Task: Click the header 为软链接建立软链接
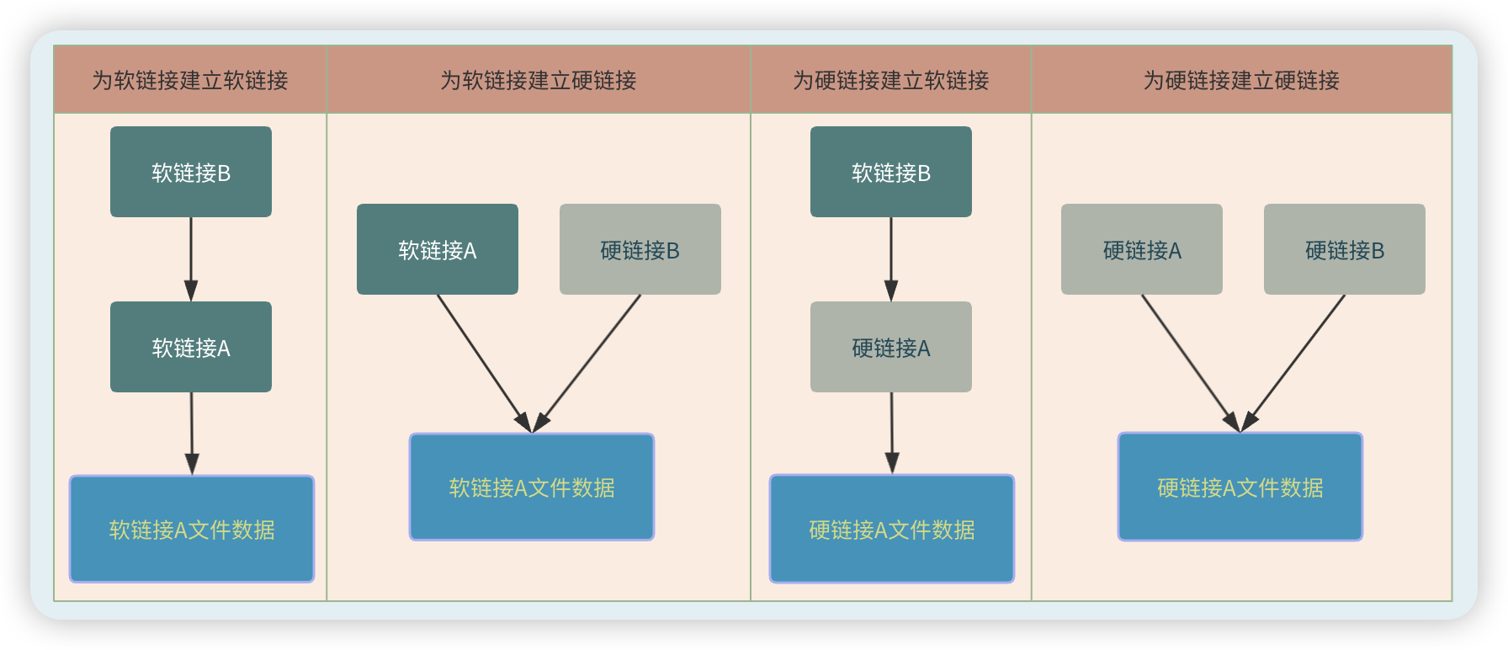(190, 80)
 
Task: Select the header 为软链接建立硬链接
(539, 80)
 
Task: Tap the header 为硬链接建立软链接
(890, 80)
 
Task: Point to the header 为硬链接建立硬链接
(1241, 80)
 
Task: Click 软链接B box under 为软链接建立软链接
(191, 172)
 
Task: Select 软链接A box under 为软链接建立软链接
(191, 347)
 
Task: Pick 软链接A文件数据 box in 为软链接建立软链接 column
(192, 529)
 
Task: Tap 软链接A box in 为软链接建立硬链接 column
(438, 249)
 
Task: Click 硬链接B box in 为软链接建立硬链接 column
(640, 249)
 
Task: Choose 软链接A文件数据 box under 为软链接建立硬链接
(532, 487)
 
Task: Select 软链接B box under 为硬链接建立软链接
(891, 172)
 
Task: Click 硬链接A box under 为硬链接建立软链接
(891, 347)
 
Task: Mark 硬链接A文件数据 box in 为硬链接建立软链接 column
(892, 529)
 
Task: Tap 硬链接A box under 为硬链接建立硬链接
(1142, 249)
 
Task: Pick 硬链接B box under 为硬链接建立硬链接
(1345, 249)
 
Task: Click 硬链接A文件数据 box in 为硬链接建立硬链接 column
(1240, 487)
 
